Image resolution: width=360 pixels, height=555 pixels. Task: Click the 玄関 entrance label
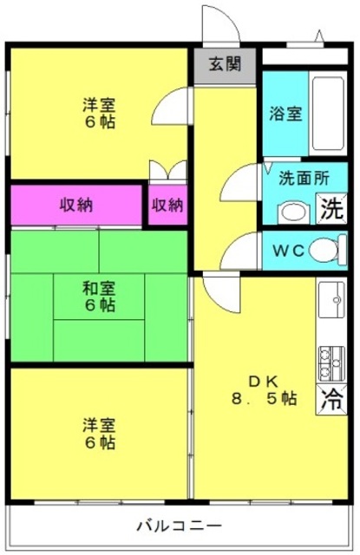coord(225,64)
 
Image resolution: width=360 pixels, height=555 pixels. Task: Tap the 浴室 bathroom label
coord(285,114)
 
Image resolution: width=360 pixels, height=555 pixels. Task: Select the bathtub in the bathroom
coord(327,114)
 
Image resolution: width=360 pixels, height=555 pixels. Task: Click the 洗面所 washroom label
coord(304,178)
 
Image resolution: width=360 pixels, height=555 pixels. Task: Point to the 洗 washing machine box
coord(331,208)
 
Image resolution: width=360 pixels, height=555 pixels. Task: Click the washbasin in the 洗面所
coord(294,212)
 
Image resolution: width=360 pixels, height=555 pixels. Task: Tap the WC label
coord(289,251)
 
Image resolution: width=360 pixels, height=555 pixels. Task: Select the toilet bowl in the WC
coord(327,250)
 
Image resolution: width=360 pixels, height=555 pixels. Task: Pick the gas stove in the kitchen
coord(331,362)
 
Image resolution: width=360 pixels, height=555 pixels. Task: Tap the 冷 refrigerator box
coord(331,400)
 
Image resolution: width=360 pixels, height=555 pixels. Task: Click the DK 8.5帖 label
coord(264,390)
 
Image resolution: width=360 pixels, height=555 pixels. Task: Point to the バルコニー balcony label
coord(180,525)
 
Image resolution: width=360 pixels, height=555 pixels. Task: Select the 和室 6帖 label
coord(99,297)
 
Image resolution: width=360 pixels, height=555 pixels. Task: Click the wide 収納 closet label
coord(76,205)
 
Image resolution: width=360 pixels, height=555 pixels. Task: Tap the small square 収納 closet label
coord(167,205)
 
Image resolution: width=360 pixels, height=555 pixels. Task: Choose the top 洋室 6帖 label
coord(99,114)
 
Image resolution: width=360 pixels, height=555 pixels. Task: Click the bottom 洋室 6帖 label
coord(99,434)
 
